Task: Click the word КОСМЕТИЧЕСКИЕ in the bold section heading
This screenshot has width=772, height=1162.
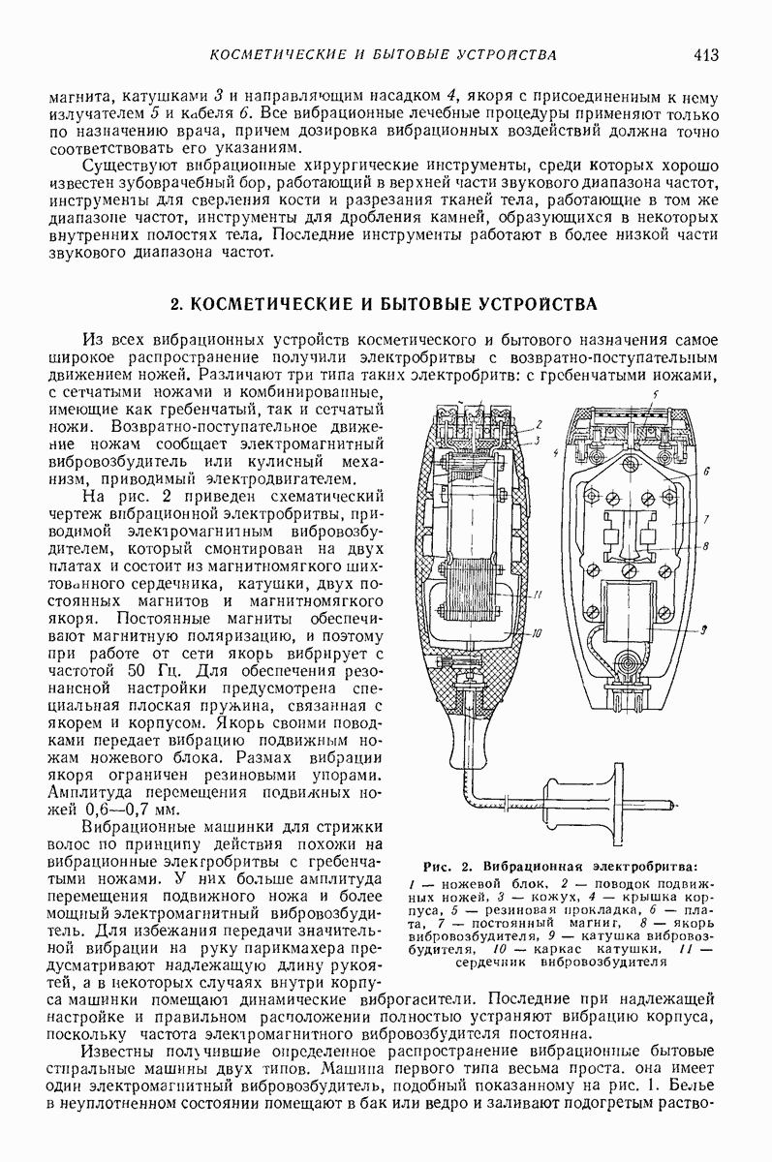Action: tap(261, 304)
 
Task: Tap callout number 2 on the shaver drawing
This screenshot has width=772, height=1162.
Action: tap(538, 424)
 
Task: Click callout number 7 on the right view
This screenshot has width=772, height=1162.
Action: tap(707, 517)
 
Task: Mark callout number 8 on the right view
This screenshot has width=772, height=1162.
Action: tap(707, 546)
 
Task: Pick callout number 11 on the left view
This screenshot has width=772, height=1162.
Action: tap(539, 595)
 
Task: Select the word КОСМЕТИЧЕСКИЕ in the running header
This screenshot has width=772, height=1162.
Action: tap(267, 54)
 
